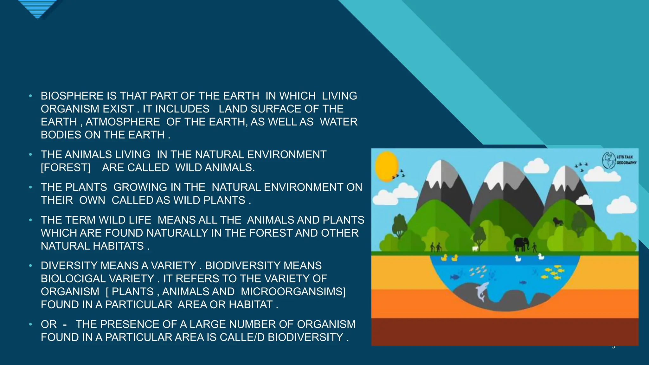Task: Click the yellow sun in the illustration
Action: (x=386, y=166)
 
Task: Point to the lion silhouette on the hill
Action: (x=558, y=221)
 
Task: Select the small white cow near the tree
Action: (x=475, y=249)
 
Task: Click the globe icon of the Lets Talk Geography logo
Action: (x=609, y=160)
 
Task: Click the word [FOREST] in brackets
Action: (x=66, y=167)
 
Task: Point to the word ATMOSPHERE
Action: (x=123, y=122)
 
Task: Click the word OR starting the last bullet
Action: (x=49, y=324)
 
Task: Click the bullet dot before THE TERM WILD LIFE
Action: (x=30, y=220)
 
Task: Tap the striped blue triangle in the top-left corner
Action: (x=37, y=9)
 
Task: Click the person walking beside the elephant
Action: (x=535, y=247)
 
